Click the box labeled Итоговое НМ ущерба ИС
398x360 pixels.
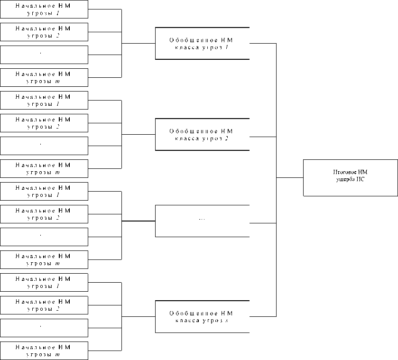[x=350, y=177]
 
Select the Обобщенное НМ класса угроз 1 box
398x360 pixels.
[x=202, y=43]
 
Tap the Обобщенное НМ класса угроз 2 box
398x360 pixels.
[x=202, y=134]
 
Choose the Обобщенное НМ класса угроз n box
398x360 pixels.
[x=202, y=316]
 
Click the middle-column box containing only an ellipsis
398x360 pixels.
[x=202, y=221]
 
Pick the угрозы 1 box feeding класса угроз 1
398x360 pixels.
[x=44, y=9]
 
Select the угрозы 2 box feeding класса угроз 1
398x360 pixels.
[x=44, y=32]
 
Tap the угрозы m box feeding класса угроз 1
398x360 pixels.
[x=44, y=77]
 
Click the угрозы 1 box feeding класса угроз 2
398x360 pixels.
[x=44, y=100]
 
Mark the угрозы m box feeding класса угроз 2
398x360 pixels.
[x=44, y=168]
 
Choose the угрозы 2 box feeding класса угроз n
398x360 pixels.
[x=44, y=305]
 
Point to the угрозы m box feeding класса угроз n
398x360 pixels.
[x=44, y=351]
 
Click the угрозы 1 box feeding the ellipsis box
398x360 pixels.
[x=44, y=191]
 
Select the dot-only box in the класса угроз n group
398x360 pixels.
[x=44, y=328]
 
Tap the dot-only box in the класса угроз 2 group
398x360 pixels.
[x=44, y=146]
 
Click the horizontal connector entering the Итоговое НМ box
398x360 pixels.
[x=290, y=177]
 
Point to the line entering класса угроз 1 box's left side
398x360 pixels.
[x=139, y=44]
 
